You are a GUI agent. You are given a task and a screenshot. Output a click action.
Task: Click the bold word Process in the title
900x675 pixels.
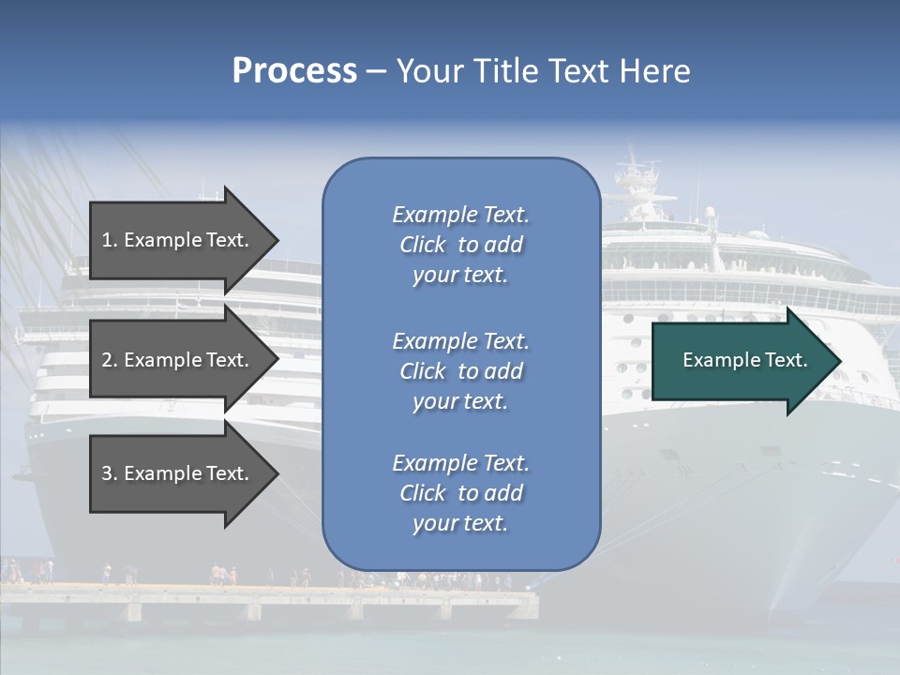[294, 71]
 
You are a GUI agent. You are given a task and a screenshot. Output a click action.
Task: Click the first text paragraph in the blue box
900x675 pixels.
[460, 245]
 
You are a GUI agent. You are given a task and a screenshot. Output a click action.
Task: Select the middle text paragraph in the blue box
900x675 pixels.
[460, 371]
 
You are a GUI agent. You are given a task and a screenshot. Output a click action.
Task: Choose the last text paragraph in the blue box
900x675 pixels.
[460, 493]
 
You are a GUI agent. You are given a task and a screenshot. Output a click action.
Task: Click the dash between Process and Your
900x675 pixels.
[376, 72]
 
